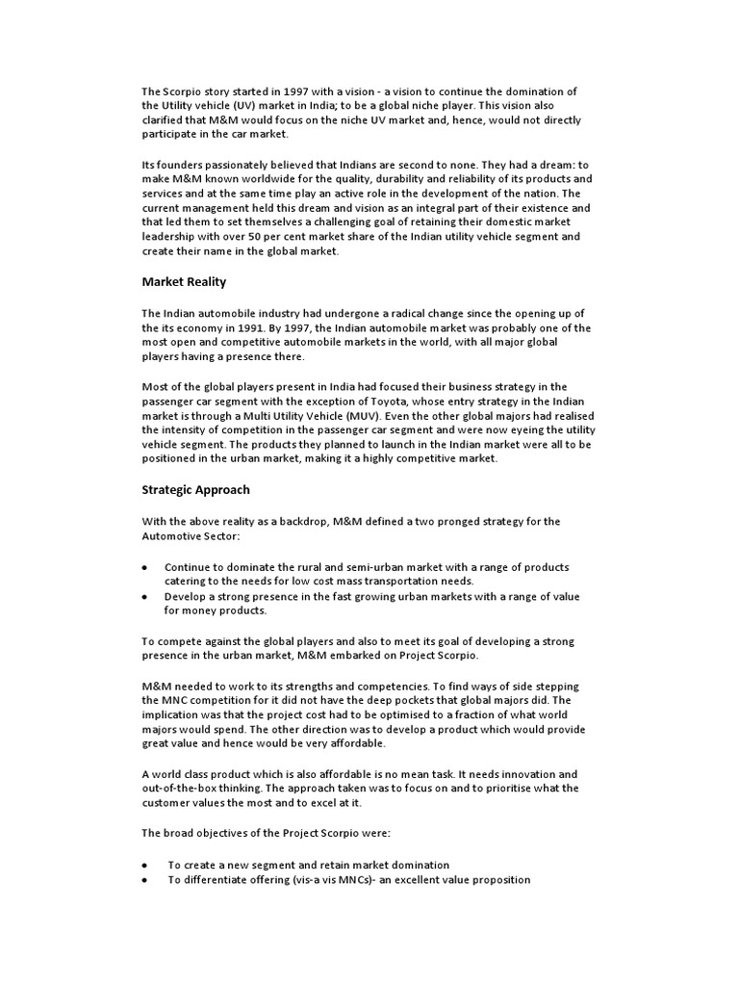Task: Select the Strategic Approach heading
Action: point(195,489)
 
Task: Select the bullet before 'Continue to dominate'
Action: point(144,567)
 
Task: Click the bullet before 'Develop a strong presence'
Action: point(144,597)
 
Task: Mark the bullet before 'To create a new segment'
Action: point(144,865)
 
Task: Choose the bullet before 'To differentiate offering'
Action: point(144,880)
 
